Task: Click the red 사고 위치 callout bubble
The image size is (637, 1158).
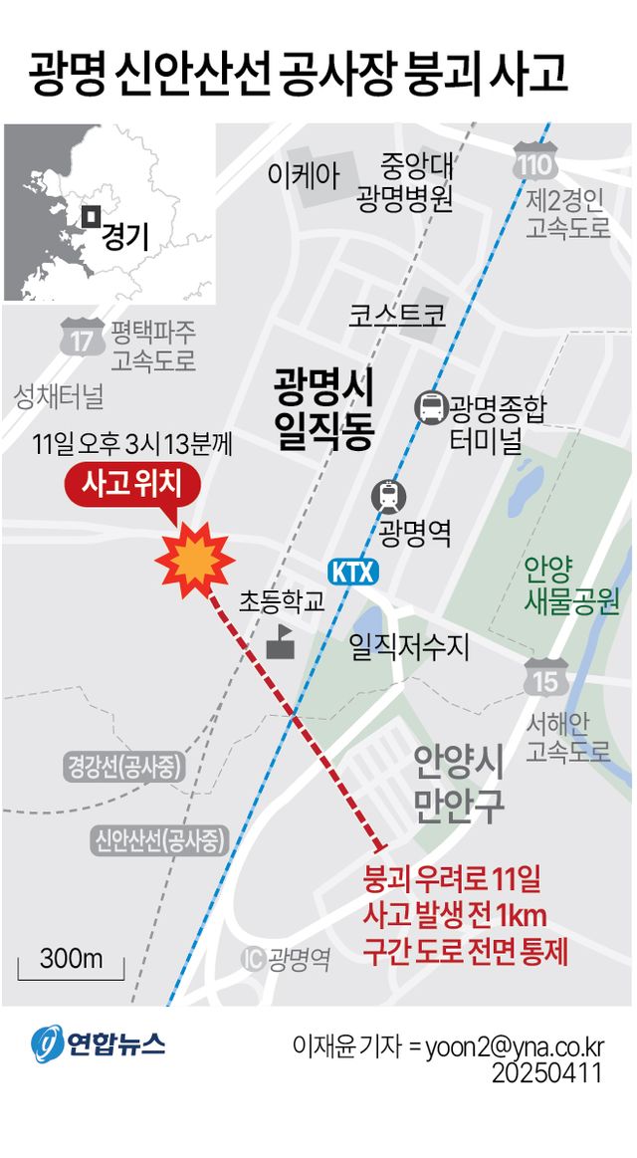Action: coord(134,487)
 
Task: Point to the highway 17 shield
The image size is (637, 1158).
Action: coord(83,339)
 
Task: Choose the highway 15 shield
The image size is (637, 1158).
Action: coord(545,679)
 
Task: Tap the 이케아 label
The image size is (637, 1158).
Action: coord(304,175)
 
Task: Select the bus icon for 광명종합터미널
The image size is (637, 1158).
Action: coord(431,406)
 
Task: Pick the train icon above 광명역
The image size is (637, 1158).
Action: coord(388,494)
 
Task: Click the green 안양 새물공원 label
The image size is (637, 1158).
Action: coord(571,586)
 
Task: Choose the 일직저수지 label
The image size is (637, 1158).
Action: coord(409,647)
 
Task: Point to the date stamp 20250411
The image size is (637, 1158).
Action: coord(547,1074)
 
